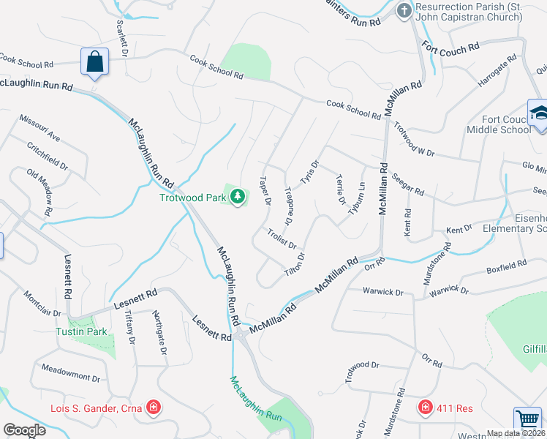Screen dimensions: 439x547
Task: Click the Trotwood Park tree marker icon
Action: [237, 196]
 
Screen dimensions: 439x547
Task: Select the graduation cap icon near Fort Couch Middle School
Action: [538, 113]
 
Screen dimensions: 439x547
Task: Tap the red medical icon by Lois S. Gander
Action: [154, 407]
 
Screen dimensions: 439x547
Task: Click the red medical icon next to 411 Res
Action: [425, 407]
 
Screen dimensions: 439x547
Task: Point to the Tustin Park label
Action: [82, 331]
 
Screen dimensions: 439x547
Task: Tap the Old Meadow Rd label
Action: [39, 192]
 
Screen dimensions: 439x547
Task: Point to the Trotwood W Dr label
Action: [414, 139]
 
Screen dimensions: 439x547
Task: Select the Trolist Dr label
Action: [282, 239]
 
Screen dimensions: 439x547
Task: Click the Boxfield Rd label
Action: [507, 267]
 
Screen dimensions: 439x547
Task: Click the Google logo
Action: [24, 430]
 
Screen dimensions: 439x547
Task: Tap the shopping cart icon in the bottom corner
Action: [527, 420]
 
